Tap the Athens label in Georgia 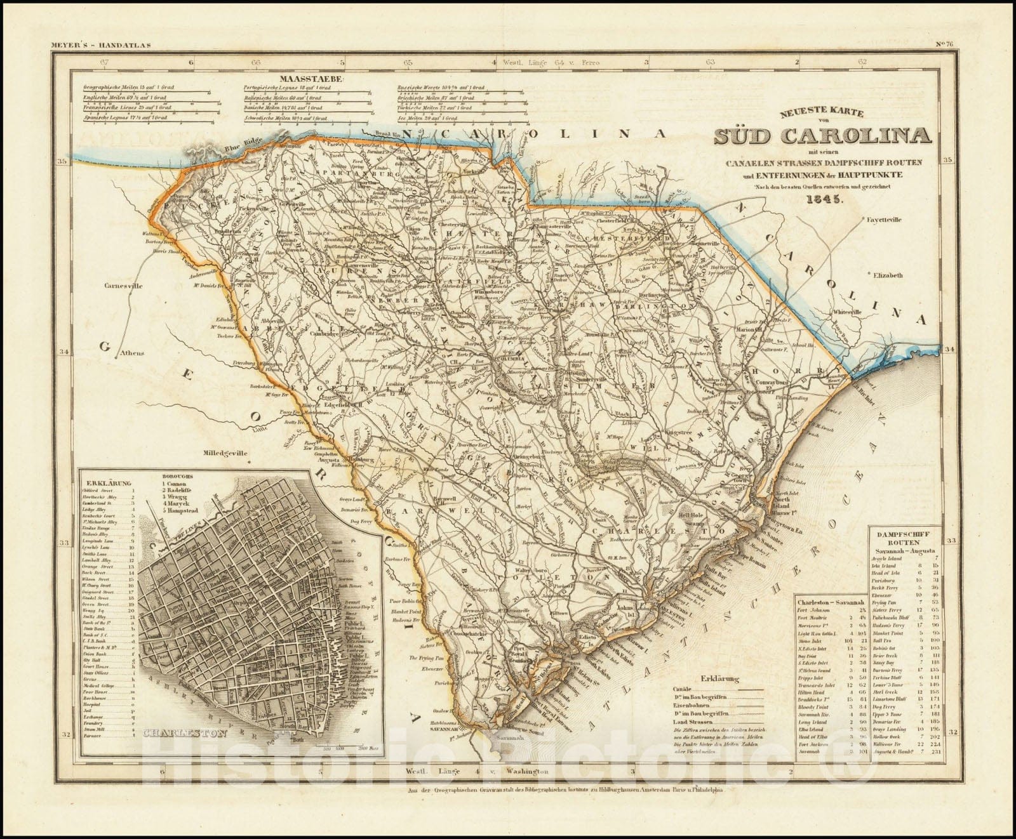pyautogui.click(x=135, y=353)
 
